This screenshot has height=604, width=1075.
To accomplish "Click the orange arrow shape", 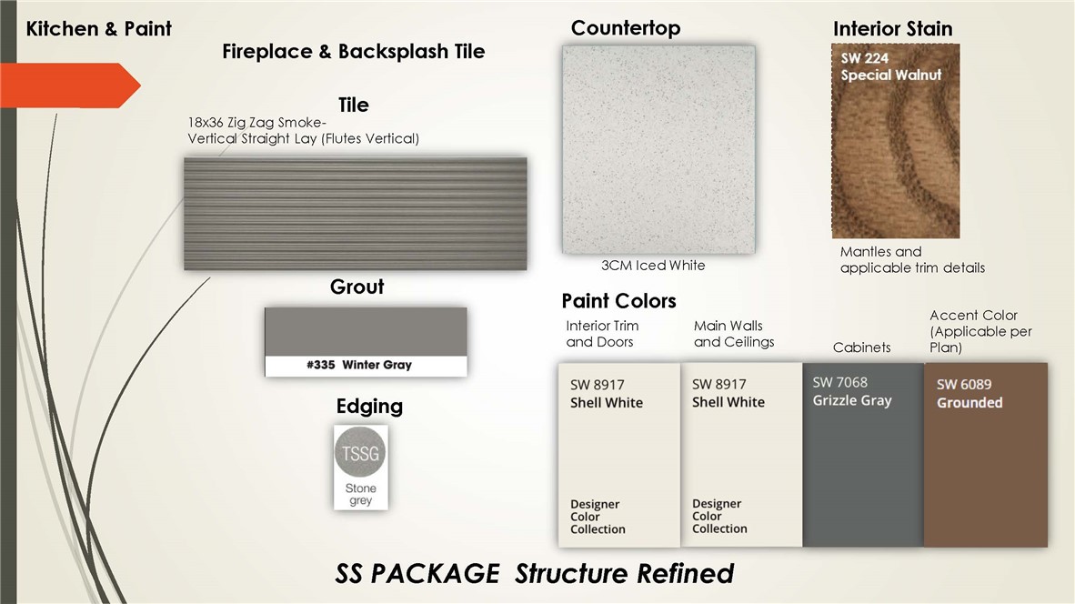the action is click(68, 85).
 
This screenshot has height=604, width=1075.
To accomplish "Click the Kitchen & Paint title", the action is click(99, 29).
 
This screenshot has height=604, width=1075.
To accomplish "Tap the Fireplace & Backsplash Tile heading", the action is click(353, 52).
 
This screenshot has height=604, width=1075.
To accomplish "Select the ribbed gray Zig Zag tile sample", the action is click(355, 214).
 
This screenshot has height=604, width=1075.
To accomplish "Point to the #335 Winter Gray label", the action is click(359, 365).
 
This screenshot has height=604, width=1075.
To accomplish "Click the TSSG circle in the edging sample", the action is click(361, 452).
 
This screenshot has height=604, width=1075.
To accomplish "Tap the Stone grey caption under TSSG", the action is click(361, 494).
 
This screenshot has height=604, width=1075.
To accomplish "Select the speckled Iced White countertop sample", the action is click(658, 149).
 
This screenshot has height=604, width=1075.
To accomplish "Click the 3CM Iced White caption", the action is click(653, 266).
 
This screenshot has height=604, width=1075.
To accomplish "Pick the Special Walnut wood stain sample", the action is click(895, 141).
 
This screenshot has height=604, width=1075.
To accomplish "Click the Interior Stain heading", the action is click(892, 29).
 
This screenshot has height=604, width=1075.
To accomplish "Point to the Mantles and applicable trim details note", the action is click(912, 260).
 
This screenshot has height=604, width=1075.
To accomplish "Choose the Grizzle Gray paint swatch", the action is click(863, 455).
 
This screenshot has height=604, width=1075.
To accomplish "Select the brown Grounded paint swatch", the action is click(986, 455).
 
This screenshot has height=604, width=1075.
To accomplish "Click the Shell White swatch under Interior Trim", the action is click(619, 455).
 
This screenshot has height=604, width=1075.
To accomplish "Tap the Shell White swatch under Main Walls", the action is click(741, 455).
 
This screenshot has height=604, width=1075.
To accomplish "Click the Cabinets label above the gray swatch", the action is click(862, 347).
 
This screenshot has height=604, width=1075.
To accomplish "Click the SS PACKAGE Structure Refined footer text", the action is click(534, 574).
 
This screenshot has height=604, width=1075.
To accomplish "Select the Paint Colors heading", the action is click(618, 301).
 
